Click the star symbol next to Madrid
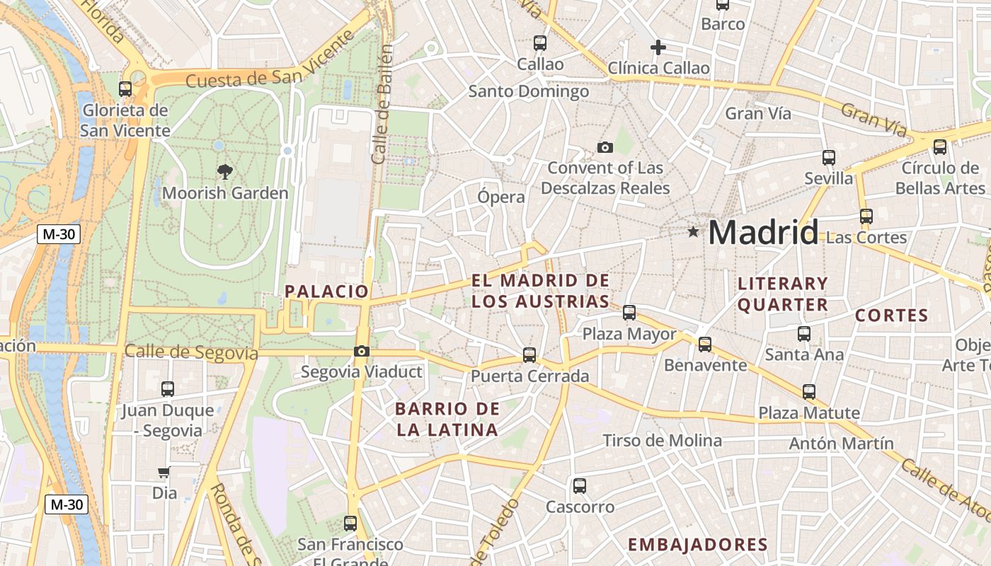pos(693,231)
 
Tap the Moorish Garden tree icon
pos(225,171)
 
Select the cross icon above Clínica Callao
pos(658,47)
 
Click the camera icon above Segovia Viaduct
pos(362,351)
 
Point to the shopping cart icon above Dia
pos(164,472)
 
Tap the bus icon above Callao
pos(540,42)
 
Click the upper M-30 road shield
pos(59,234)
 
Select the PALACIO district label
pos(326,291)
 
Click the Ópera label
pos(501,197)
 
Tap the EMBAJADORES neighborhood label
pos(698,544)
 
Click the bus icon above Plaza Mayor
pos(629,312)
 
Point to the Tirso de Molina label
pos(662,441)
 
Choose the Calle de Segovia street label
pos(191,352)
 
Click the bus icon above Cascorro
pos(580,485)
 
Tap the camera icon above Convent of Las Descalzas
pos(605,147)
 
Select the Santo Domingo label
pos(529,91)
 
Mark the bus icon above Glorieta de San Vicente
pos(125,88)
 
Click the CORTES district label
pos(891,316)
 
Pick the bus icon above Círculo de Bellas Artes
pos(940,146)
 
